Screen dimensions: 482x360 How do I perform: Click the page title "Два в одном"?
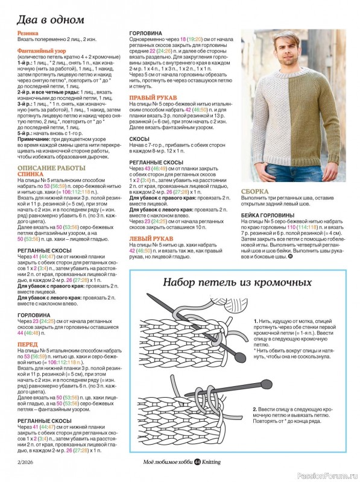click(x=50, y=19)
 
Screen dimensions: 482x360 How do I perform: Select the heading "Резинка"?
click(x=28, y=34)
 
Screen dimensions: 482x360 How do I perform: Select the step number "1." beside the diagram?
click(x=256, y=322)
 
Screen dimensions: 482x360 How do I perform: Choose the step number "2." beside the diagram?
click(x=256, y=410)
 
